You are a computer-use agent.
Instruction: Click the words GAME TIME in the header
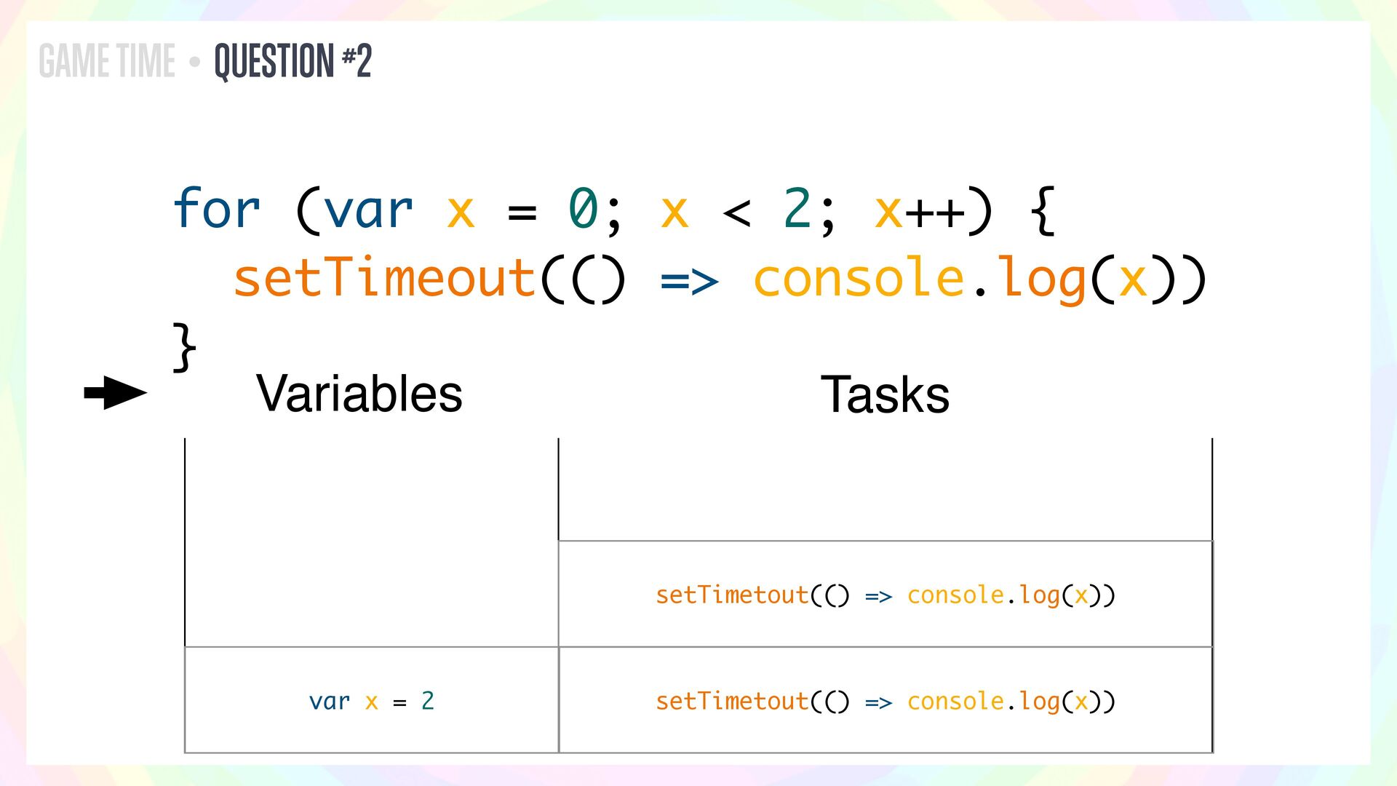click(x=107, y=60)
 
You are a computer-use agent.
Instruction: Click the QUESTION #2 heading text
click(x=292, y=60)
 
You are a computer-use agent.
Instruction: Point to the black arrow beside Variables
click(x=115, y=393)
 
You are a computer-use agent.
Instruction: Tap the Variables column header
click(x=359, y=394)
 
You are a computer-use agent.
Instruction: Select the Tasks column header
click(x=885, y=394)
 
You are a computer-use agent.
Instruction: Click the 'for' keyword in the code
click(x=216, y=210)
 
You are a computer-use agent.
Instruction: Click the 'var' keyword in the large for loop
click(x=368, y=210)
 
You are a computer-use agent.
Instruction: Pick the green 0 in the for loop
click(x=583, y=209)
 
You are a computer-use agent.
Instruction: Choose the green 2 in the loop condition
click(x=797, y=209)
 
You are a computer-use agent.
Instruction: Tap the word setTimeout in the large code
click(x=384, y=278)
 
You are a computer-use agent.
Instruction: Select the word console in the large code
click(x=859, y=278)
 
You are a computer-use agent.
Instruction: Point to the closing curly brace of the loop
click(x=184, y=347)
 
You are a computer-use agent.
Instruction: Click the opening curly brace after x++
click(x=1043, y=210)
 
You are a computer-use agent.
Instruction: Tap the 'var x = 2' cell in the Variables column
click(x=372, y=701)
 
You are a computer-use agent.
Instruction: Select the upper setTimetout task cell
click(x=885, y=595)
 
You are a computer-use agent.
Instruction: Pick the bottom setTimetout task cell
click(x=885, y=701)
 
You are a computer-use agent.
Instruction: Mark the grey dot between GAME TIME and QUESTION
click(x=194, y=62)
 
